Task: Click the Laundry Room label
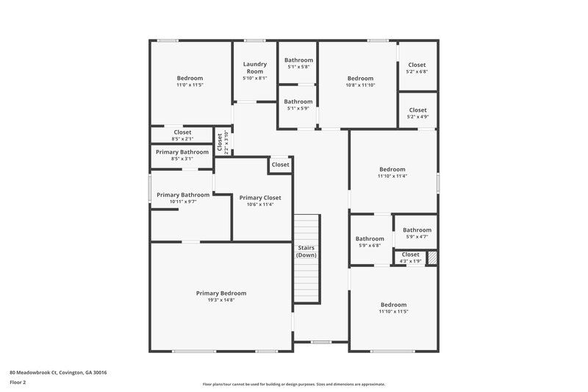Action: (254, 68)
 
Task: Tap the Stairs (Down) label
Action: (306, 252)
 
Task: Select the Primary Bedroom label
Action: (221, 293)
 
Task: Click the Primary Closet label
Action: (260, 197)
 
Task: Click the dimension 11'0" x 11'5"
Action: (190, 85)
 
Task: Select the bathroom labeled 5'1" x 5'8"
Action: (298, 60)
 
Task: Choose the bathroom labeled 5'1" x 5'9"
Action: (298, 101)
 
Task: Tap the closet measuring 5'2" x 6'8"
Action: (417, 65)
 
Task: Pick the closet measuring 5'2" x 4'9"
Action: (417, 110)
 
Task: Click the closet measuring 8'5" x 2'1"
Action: (182, 132)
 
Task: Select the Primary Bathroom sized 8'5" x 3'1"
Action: (182, 152)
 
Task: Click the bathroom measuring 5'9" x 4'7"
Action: (417, 230)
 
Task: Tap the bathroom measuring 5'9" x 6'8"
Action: (370, 238)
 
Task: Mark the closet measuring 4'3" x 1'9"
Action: (410, 254)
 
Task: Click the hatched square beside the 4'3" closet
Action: (432, 257)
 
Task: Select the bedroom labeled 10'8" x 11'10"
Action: (360, 79)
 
